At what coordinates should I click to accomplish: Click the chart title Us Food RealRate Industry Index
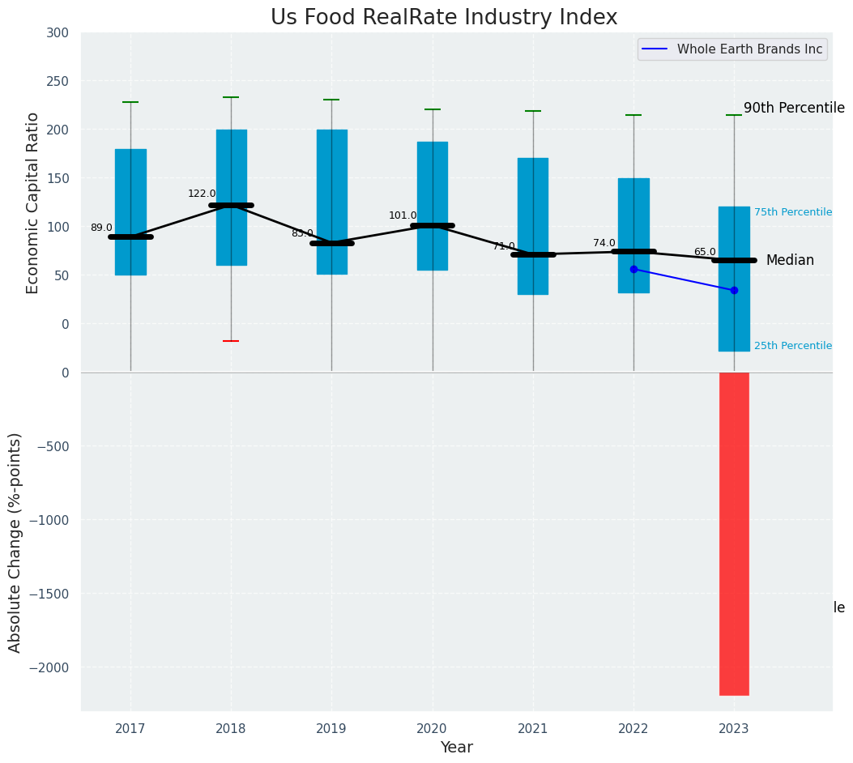coord(444,18)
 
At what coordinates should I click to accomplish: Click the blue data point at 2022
coord(633,269)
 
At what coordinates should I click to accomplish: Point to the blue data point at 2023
coord(734,290)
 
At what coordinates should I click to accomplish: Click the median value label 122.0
coord(202,194)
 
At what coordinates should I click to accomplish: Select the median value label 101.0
coord(403,215)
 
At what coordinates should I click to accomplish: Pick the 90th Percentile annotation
coord(794,108)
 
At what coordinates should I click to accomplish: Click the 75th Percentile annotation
coord(792,212)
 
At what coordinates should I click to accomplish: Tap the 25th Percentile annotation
coord(792,346)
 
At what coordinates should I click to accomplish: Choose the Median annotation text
coord(790,260)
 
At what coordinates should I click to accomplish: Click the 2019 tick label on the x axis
coord(331,729)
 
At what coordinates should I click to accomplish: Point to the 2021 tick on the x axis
coord(533,729)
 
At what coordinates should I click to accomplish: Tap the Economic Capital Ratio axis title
coord(33,202)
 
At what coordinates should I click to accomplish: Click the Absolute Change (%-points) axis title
coord(15,542)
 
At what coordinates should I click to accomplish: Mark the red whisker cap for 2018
coord(231,341)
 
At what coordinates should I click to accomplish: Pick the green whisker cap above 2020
coord(433,109)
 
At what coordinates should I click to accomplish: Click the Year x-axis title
coord(456,748)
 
